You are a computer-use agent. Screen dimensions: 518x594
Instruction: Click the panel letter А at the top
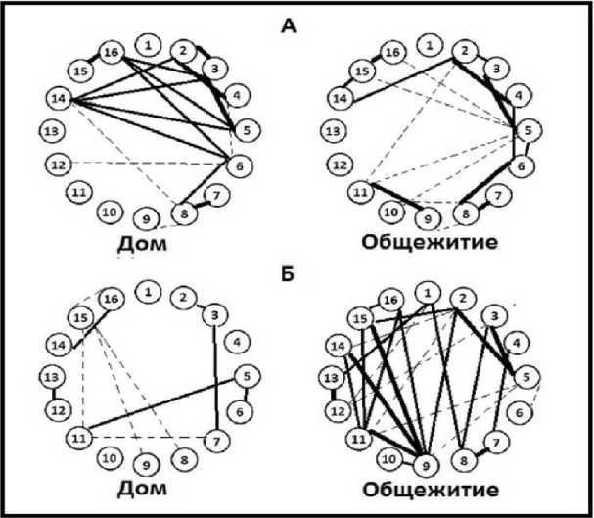[287, 27]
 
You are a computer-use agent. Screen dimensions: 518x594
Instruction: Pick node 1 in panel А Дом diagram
[148, 44]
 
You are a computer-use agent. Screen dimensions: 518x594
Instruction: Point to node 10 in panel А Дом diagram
[112, 209]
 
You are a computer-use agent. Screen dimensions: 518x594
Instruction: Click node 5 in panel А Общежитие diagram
[528, 128]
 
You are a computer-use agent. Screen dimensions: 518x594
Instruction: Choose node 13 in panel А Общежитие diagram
[334, 130]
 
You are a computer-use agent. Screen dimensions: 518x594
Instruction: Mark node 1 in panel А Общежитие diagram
[427, 44]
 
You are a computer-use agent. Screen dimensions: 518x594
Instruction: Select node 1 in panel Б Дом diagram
[148, 290]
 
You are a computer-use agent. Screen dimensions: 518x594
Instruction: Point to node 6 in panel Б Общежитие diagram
[525, 411]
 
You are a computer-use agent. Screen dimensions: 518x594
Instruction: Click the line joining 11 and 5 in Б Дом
[157, 404]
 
